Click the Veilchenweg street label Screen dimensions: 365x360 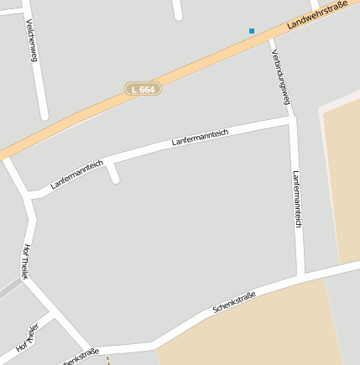(x=33, y=40)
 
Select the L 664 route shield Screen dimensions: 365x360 (x=143, y=88)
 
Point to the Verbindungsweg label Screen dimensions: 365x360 (x=280, y=76)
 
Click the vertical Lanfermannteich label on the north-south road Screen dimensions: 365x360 (x=296, y=200)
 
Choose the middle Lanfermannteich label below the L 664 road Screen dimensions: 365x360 (x=201, y=137)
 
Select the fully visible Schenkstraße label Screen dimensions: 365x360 (x=234, y=302)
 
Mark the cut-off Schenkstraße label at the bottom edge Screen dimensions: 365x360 (x=81, y=356)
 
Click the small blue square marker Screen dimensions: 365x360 (x=251, y=31)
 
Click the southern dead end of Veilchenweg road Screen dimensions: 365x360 (x=44, y=115)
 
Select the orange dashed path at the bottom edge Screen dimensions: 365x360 (x=107, y=360)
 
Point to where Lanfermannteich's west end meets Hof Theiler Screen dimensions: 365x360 (x=31, y=196)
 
